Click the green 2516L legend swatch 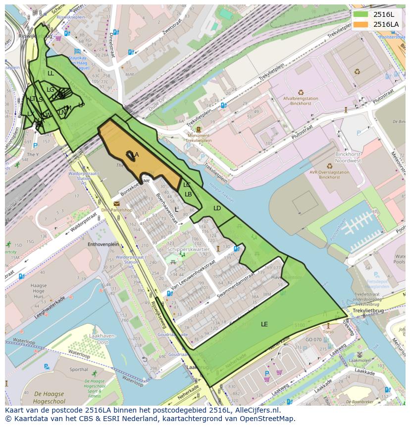[x=360, y=14]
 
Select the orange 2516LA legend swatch [x=360, y=24]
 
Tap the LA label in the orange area [x=135, y=155]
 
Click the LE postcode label [x=264, y=324]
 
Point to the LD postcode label [x=217, y=208]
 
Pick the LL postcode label [x=51, y=73]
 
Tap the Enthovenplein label [x=103, y=244]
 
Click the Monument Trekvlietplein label [x=198, y=138]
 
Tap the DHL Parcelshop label [x=118, y=210]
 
